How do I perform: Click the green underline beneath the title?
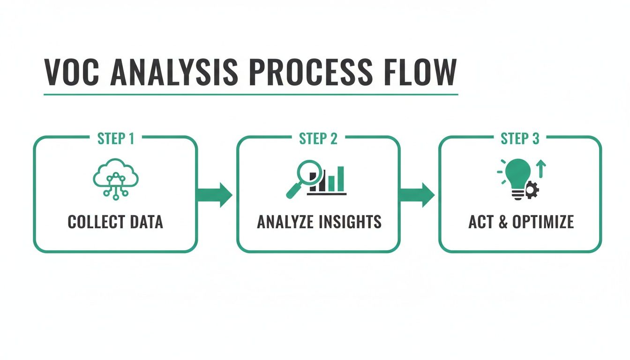click(x=251, y=94)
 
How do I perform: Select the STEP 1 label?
click(x=115, y=139)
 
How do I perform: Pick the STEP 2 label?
click(x=318, y=139)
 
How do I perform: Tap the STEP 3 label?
click(x=520, y=139)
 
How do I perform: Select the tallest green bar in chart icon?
click(x=340, y=179)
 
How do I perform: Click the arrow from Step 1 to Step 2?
click(x=215, y=194)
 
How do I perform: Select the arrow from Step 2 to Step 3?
click(x=417, y=194)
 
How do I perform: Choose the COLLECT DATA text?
click(x=115, y=222)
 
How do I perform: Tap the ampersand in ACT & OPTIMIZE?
click(x=502, y=222)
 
